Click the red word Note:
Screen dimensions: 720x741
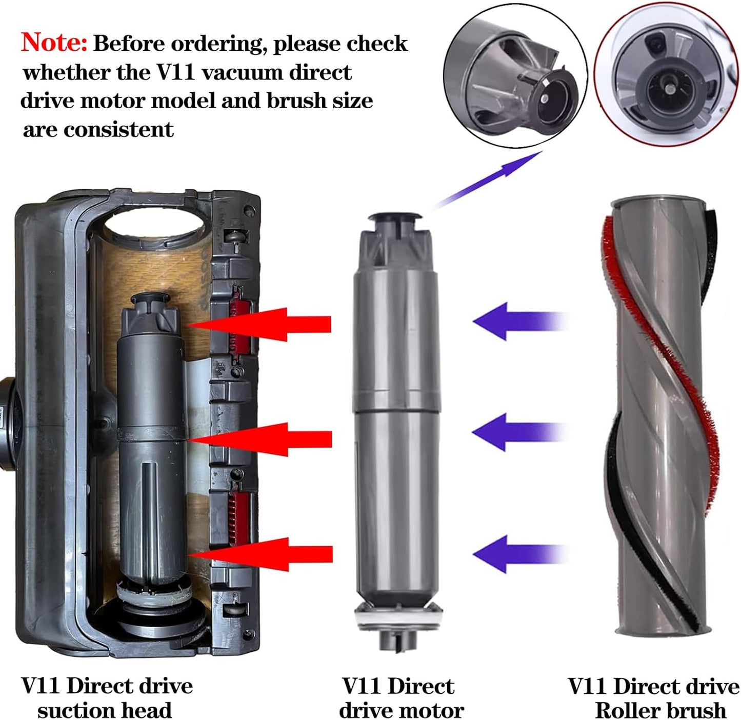coord(54,42)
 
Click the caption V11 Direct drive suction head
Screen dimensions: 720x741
coord(106,697)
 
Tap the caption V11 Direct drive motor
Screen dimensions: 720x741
coord(400,697)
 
